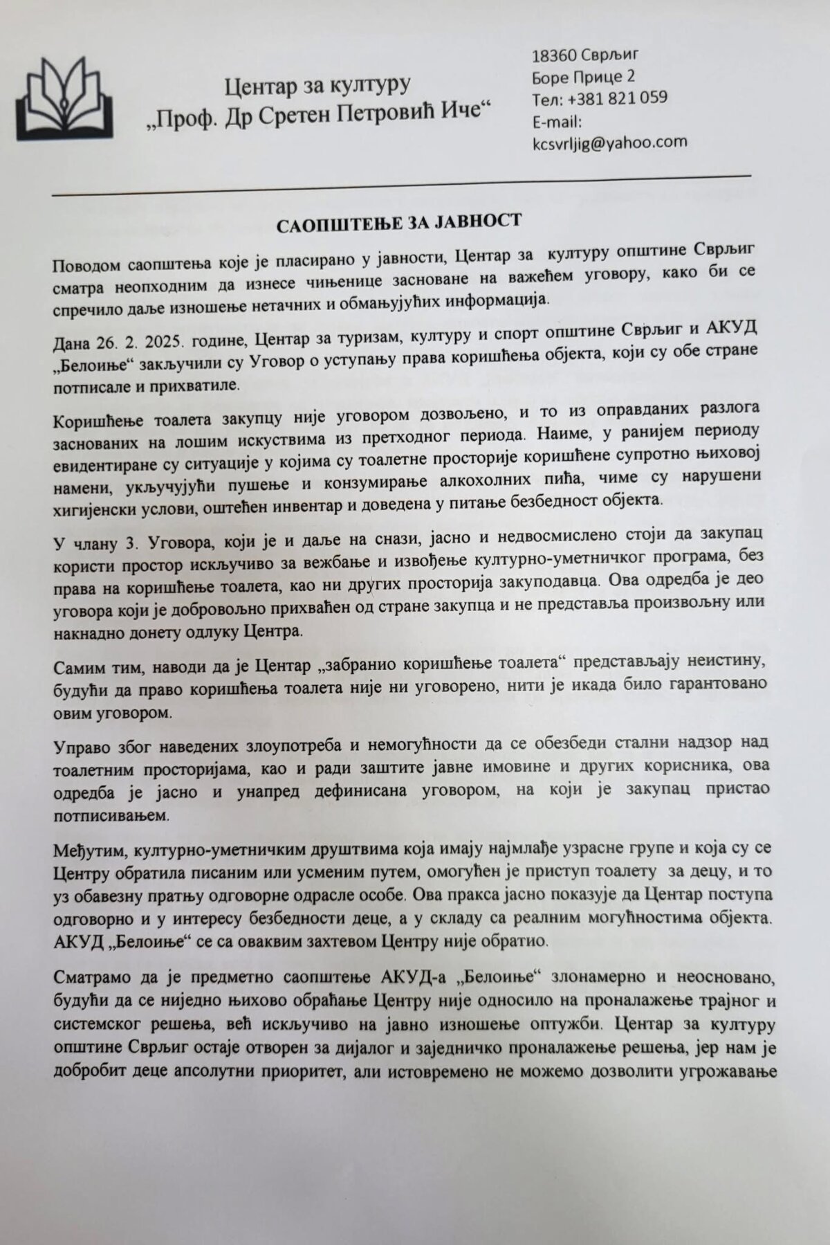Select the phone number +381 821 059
pos(618,98)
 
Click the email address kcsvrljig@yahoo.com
pos(609,142)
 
